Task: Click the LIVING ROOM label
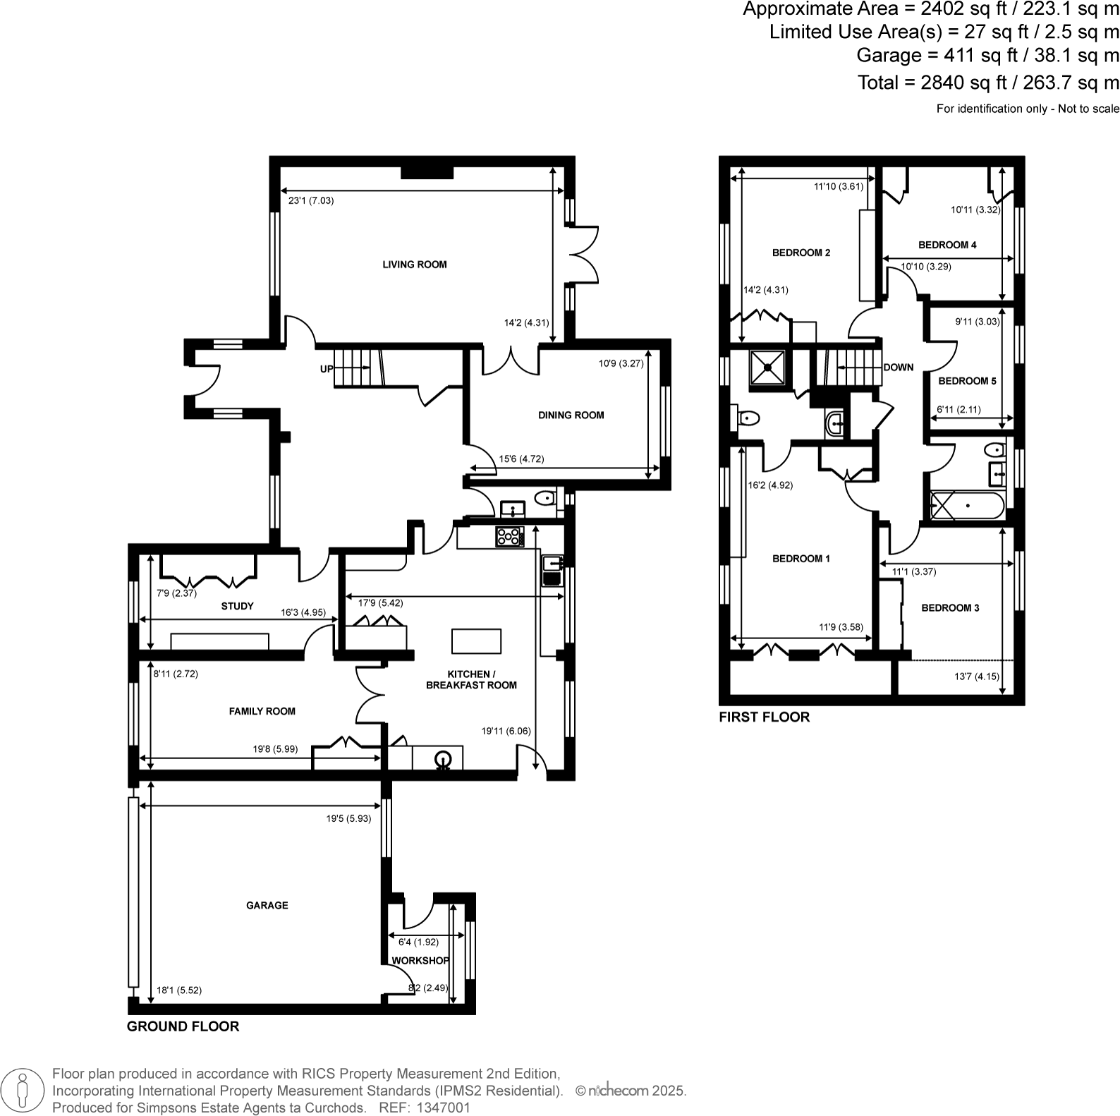(x=415, y=265)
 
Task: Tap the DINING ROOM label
(x=571, y=416)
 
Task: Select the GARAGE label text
(x=267, y=905)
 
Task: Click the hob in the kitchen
(x=510, y=537)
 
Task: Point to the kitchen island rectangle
(x=476, y=641)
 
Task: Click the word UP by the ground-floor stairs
(x=327, y=368)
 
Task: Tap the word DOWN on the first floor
(x=898, y=368)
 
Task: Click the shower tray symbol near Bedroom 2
(x=766, y=368)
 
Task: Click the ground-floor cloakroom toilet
(x=545, y=499)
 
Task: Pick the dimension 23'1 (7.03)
(x=311, y=200)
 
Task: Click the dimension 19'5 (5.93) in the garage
(x=348, y=819)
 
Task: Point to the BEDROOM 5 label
(x=967, y=381)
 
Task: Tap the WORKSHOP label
(x=420, y=961)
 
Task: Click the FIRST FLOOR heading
(x=764, y=717)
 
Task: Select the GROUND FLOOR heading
(x=183, y=1026)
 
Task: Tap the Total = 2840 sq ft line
(x=987, y=83)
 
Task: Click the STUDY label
(x=237, y=606)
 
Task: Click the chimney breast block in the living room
(x=427, y=172)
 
